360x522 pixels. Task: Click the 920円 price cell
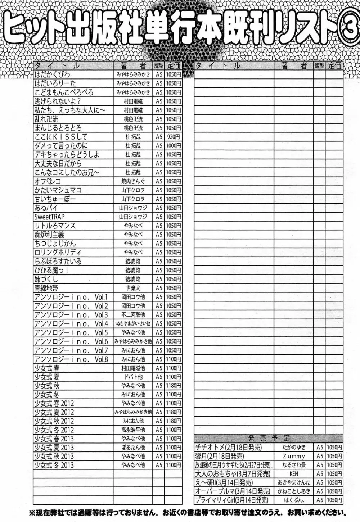[x=174, y=137]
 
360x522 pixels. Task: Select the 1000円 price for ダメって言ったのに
[x=174, y=146]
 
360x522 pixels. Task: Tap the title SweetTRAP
[x=50, y=217]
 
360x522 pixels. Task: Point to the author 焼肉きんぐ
[x=133, y=181]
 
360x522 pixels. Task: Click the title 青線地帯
[x=46, y=288]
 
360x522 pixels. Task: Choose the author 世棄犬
[x=133, y=288]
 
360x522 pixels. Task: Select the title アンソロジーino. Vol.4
[x=71, y=323]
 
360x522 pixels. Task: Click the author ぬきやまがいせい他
[x=133, y=323]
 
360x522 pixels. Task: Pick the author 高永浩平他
[x=133, y=430]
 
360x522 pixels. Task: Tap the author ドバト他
[x=133, y=377]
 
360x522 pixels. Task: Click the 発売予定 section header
[x=269, y=438]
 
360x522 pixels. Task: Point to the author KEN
[x=294, y=474]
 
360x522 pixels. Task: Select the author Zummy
[x=294, y=456]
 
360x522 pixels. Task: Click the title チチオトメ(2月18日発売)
[x=228, y=447]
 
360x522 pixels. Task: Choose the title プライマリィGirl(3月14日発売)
[x=232, y=500]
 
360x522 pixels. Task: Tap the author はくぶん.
[x=294, y=500]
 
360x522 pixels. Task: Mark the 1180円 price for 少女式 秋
[x=174, y=385]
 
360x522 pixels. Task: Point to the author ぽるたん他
[x=133, y=447]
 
